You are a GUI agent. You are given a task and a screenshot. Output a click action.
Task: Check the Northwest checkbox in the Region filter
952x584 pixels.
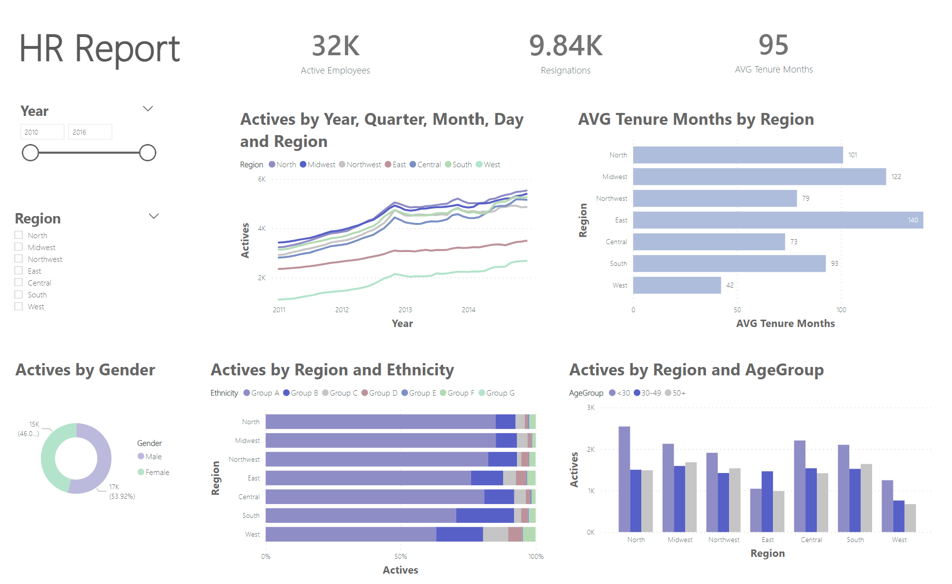(19, 259)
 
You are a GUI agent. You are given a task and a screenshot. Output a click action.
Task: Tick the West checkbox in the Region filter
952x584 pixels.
(19, 306)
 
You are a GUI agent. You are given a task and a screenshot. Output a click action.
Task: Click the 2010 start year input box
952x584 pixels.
(42, 132)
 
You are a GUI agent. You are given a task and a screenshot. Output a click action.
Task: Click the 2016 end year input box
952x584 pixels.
(90, 132)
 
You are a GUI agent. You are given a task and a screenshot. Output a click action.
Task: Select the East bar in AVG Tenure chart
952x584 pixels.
(778, 220)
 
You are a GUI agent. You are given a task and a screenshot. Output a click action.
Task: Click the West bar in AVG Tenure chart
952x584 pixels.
(677, 285)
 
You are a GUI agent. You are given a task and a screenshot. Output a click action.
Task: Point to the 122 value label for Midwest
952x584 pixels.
(896, 177)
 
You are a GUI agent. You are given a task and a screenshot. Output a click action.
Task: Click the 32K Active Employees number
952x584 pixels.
(335, 46)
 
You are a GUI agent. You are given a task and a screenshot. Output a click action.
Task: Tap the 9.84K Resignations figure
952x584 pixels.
(565, 46)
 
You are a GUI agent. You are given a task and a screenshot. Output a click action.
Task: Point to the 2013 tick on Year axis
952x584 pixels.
(405, 310)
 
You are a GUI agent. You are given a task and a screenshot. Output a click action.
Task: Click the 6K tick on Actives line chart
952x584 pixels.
(262, 179)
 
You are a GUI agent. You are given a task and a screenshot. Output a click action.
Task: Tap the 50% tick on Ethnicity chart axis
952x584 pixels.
(401, 556)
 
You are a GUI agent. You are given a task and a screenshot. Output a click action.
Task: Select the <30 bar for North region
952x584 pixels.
(624, 479)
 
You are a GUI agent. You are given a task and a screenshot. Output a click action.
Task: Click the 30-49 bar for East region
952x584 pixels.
(767, 501)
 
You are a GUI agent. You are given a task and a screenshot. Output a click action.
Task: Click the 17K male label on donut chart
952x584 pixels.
(114, 487)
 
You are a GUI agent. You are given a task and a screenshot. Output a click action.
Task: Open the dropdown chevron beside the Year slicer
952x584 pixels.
(148, 109)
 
